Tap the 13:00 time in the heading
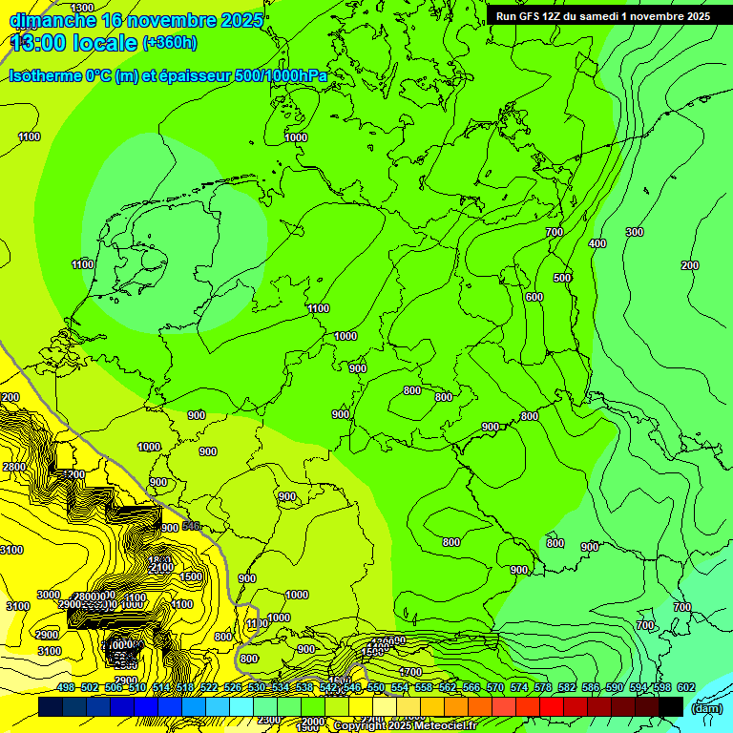tap(35, 43)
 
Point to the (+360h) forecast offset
tap(170, 43)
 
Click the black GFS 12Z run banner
tap(602, 16)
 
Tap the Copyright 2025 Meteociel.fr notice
tap(405, 726)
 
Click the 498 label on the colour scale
tap(66, 688)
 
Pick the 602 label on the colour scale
tap(686, 688)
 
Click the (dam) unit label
tap(706, 708)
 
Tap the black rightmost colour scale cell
tap(671, 706)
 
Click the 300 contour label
tap(635, 233)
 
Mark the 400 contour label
tap(597, 244)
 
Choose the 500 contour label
tap(562, 278)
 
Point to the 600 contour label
tap(534, 297)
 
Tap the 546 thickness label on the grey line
tap(191, 526)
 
